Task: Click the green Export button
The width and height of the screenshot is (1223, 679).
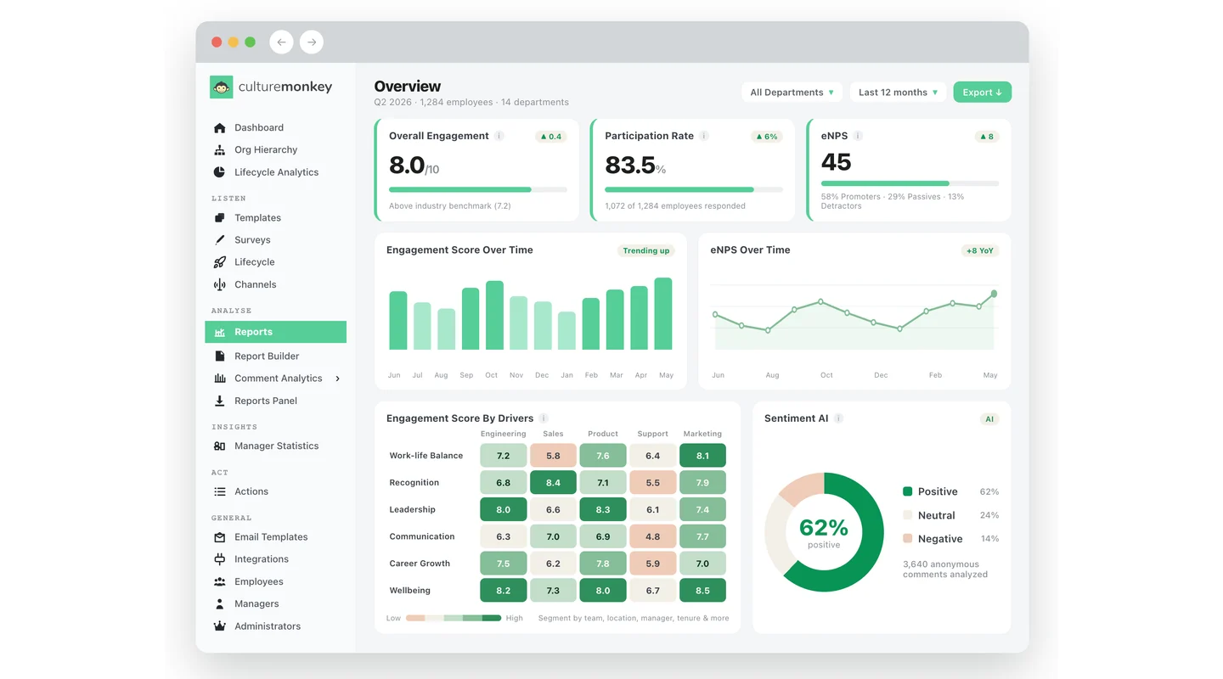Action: [x=982, y=93]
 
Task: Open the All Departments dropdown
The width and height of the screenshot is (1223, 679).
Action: [x=792, y=93]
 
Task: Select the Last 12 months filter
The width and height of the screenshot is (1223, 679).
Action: [x=897, y=93]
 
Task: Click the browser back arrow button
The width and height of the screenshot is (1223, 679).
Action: [x=281, y=42]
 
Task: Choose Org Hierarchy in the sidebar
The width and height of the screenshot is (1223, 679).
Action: [x=265, y=149]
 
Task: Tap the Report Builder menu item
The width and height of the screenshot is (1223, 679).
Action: [x=267, y=356]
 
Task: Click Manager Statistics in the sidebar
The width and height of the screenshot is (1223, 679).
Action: [x=276, y=446]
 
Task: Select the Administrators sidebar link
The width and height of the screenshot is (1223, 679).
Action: [x=267, y=626]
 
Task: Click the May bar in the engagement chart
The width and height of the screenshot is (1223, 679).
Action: [x=663, y=313]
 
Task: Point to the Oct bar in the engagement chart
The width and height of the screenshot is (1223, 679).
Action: [x=494, y=315]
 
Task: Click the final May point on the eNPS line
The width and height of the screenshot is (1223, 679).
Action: [x=994, y=294]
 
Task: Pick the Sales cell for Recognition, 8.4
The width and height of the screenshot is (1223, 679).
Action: [x=553, y=482]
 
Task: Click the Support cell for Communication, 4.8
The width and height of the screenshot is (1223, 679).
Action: [x=652, y=536]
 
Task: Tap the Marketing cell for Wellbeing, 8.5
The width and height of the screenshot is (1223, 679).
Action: [x=702, y=591]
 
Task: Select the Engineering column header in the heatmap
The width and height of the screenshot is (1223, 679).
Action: [x=503, y=434]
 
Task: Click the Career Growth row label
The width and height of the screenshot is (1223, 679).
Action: [x=420, y=564]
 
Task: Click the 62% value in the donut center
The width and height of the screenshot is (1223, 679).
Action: [x=823, y=528]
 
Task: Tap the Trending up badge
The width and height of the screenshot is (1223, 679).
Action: [x=645, y=250]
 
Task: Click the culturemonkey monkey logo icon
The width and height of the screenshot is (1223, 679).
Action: [x=221, y=87]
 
